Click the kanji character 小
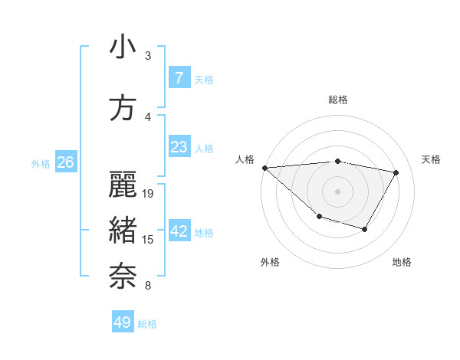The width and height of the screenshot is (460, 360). click(123, 47)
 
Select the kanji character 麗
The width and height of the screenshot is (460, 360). click(123, 185)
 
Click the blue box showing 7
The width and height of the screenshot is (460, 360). click(179, 77)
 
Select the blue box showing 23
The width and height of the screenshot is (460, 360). click(179, 146)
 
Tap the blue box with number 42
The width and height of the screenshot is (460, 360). click(179, 232)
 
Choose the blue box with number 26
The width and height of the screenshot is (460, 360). click(65, 162)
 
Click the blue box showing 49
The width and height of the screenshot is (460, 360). click(123, 322)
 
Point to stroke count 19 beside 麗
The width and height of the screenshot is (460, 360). click(149, 194)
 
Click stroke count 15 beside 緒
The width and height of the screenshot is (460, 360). click(149, 240)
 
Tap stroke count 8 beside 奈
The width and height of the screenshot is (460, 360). click(147, 286)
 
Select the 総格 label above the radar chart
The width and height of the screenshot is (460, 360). click(337, 100)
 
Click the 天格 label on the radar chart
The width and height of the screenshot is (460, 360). click(432, 159)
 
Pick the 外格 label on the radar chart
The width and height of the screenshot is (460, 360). click(270, 262)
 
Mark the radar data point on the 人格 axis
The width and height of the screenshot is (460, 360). click(264, 168)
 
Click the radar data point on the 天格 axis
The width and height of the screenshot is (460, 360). click(396, 172)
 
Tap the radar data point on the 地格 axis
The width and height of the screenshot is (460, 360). click(365, 229)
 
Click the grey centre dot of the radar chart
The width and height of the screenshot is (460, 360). click(337, 191)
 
